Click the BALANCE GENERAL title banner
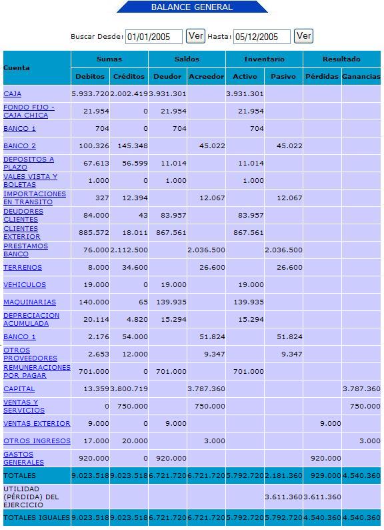click(192, 7)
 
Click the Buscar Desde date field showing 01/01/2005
click(154, 37)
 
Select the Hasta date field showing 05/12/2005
click(262, 37)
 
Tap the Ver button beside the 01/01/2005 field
click(195, 36)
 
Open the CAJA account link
click(13, 94)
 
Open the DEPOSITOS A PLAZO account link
click(29, 164)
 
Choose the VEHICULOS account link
click(25, 284)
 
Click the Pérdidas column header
click(322, 76)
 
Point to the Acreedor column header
click(207, 76)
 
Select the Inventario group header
click(264, 59)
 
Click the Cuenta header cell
click(17, 67)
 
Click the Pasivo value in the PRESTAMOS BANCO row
click(284, 250)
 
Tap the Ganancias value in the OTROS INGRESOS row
click(369, 441)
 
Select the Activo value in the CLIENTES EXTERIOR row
click(249, 232)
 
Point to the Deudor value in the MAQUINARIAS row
click(171, 302)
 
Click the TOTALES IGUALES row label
click(37, 517)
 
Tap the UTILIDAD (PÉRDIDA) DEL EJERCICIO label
click(31, 497)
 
